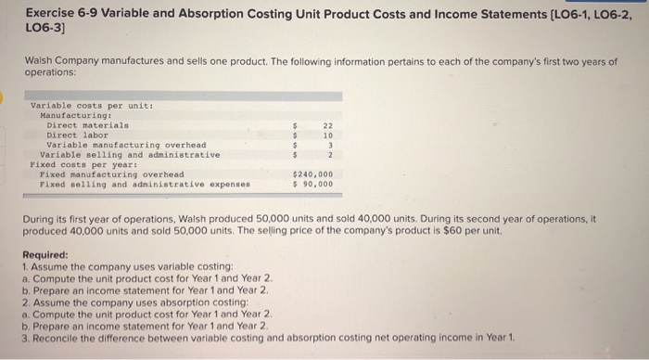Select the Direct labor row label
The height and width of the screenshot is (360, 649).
point(77,135)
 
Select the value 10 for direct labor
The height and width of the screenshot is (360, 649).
point(327,135)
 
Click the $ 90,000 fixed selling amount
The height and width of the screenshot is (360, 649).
point(312,184)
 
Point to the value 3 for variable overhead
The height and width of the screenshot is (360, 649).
point(329,145)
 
